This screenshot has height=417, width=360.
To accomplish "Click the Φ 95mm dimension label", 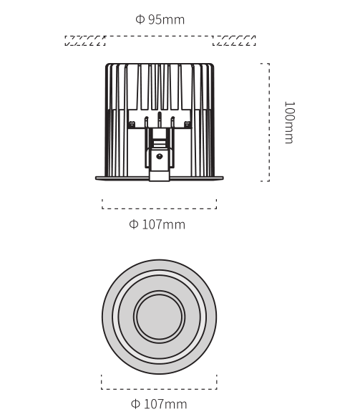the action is click(x=160, y=19).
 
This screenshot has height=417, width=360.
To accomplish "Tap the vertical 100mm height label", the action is click(x=290, y=123).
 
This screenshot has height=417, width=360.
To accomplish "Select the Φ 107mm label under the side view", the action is click(x=157, y=225).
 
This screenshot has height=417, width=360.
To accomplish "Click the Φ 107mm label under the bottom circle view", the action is click(x=159, y=404).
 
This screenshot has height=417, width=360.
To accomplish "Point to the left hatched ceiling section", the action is click(x=85, y=41).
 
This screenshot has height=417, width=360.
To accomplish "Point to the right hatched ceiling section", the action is click(x=234, y=41).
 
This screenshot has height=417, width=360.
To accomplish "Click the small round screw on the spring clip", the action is click(x=159, y=156).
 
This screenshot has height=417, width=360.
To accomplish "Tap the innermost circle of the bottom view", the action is click(x=160, y=317).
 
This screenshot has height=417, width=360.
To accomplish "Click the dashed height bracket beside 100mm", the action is click(x=269, y=123).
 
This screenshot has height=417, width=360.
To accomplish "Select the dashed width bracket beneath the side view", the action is click(x=159, y=208).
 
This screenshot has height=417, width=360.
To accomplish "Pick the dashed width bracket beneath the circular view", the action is click(x=159, y=389).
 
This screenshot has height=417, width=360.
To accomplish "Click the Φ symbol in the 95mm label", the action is click(x=140, y=19).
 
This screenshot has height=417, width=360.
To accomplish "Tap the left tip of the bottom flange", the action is click(x=96, y=178).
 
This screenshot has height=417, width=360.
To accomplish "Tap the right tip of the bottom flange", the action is click(x=223, y=178).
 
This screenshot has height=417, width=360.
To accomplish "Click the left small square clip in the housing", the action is click(x=132, y=124).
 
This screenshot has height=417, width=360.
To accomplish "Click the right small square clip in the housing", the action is click(x=188, y=124).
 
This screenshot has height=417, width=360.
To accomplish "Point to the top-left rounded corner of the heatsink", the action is click(x=107, y=64).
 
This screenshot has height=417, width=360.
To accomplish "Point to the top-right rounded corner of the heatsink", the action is click(x=213, y=64).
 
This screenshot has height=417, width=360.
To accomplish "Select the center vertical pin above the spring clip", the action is click(x=160, y=120).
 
